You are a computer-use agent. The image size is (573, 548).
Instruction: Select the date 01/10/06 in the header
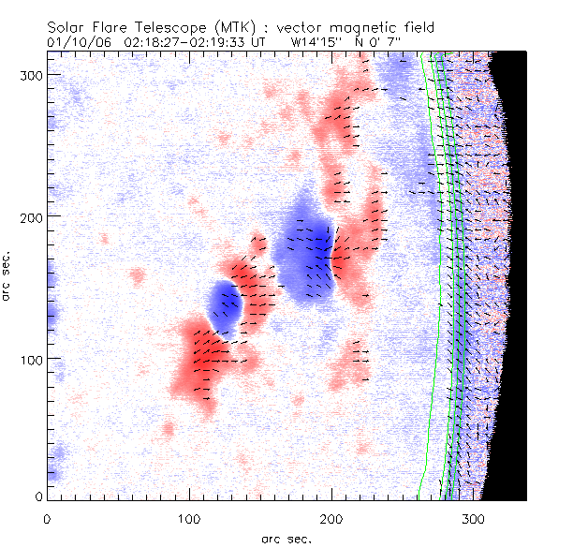tap(73, 42)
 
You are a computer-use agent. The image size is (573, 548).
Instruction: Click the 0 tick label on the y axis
tap(37, 496)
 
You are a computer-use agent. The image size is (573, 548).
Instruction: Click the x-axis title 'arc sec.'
tap(286, 539)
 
